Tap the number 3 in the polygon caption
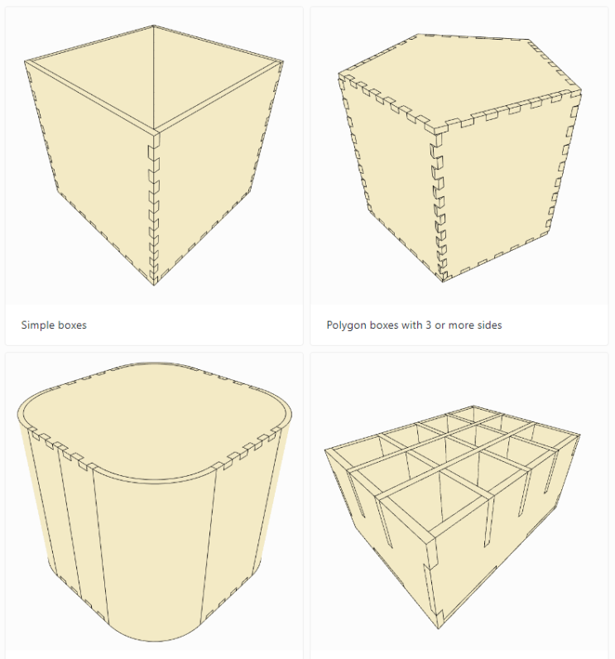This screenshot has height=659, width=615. pyautogui.click(x=428, y=325)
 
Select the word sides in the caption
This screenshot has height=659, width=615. pyautogui.click(x=489, y=325)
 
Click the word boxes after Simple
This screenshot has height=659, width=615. pyautogui.click(x=70, y=325)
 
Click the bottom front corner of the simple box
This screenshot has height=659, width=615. pyautogui.click(x=154, y=285)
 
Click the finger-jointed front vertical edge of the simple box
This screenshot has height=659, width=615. pyautogui.click(x=154, y=208)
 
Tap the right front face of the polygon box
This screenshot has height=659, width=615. pyautogui.click(x=504, y=185)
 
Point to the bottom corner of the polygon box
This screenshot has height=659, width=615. pyautogui.click(x=444, y=281)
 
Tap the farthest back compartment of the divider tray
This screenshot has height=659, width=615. pyautogui.click(x=473, y=414)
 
